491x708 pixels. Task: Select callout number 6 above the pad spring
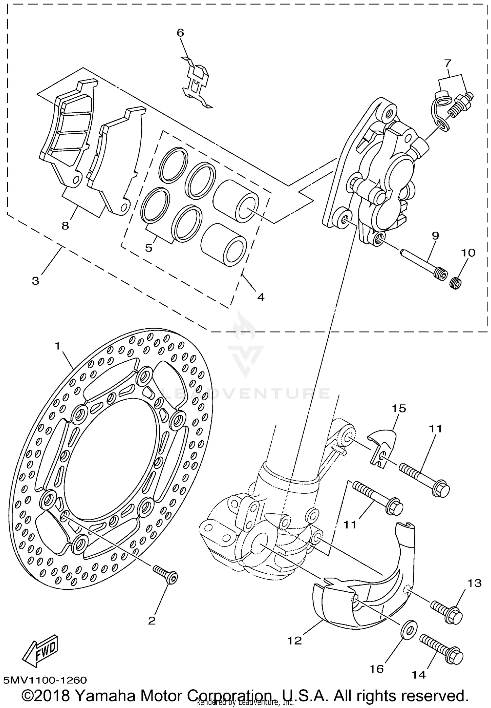pos(180,33)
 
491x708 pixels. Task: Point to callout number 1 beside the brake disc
pos(58,346)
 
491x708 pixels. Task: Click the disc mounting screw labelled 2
pos(166,575)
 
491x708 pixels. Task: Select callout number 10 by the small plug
pos(468,253)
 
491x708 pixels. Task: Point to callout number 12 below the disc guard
pos(295,641)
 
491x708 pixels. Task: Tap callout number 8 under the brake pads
pos(65,226)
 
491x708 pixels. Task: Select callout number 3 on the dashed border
pos(35,281)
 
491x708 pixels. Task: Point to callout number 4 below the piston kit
pos(261,297)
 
